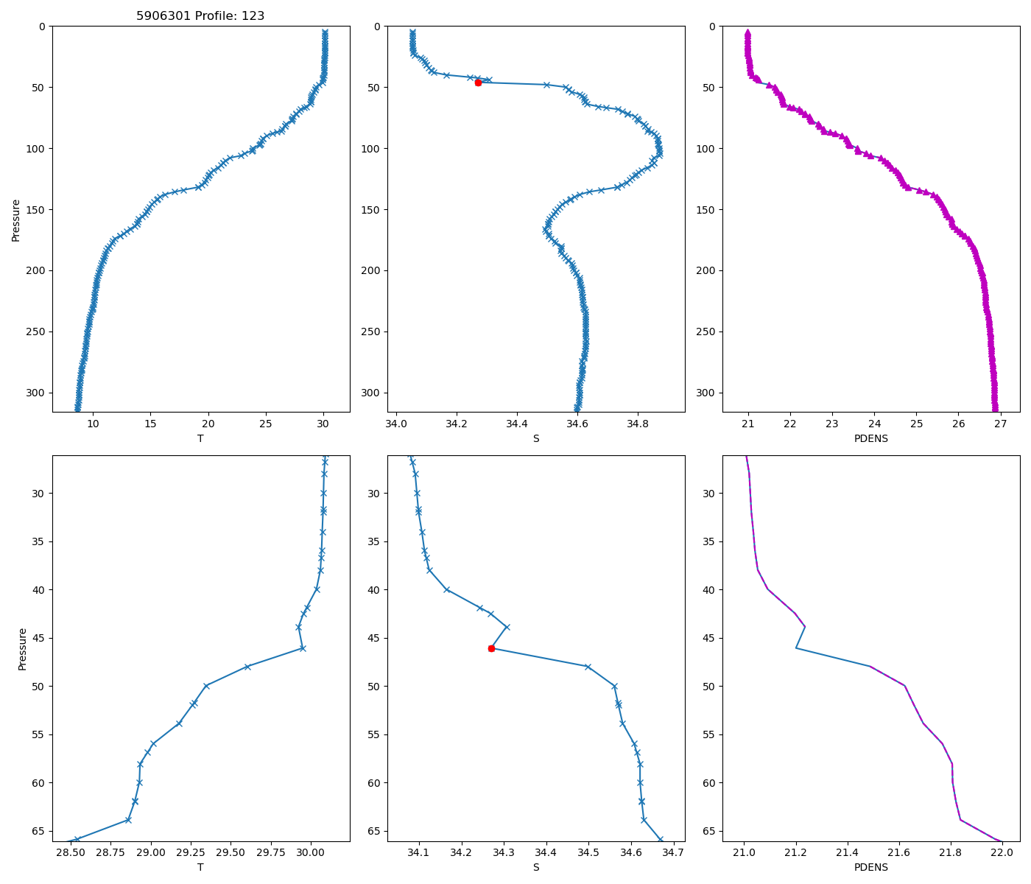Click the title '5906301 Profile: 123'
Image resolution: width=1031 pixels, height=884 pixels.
tap(200, 15)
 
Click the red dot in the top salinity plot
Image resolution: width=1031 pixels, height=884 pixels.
tap(478, 83)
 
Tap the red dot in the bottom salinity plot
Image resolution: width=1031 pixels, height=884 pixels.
tap(491, 648)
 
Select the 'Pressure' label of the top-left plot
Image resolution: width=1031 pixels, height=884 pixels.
tap(15, 220)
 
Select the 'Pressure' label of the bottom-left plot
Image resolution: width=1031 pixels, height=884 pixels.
tap(22, 648)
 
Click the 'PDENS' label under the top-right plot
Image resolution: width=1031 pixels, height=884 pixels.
tap(870, 438)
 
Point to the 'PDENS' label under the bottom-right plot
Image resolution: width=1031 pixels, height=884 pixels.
tap(870, 867)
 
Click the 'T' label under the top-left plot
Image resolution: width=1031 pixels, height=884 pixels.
tap(200, 438)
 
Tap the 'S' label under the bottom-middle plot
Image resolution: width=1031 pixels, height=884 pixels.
tap(535, 867)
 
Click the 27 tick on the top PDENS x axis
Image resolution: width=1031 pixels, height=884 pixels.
tap(1000, 424)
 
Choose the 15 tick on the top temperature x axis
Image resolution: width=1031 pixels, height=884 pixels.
tap(150, 424)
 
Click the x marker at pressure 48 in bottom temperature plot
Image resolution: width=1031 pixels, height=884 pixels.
tap(247, 667)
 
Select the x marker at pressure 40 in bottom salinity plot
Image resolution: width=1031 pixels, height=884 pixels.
tap(447, 589)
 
